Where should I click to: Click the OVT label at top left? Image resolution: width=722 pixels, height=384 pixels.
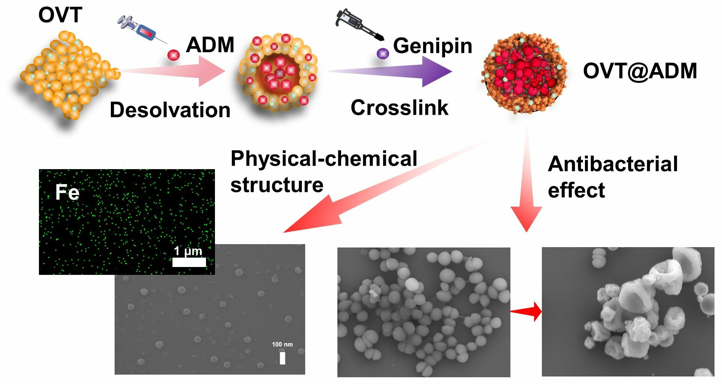click(60, 15)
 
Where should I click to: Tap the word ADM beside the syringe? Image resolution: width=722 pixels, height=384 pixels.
click(210, 45)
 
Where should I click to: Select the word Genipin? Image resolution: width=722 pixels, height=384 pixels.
click(433, 46)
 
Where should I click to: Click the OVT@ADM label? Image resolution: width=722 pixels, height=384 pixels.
click(640, 71)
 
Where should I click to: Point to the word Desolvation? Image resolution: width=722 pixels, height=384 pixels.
click(170, 110)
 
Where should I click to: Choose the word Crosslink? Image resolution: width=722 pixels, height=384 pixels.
click(400, 108)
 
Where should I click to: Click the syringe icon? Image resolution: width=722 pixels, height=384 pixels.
click(140, 28)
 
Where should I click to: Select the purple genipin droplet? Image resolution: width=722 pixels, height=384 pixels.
click(382, 53)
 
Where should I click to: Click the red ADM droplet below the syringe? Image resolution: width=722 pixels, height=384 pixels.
click(173, 55)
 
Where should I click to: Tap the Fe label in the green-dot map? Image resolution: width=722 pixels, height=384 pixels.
click(67, 192)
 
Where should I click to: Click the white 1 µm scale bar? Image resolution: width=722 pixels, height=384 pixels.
click(189, 262)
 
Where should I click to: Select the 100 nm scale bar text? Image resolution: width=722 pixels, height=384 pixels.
click(282, 344)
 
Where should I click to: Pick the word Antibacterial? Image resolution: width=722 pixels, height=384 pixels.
click(613, 164)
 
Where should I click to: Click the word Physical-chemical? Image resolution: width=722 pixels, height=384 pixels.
click(324, 159)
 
